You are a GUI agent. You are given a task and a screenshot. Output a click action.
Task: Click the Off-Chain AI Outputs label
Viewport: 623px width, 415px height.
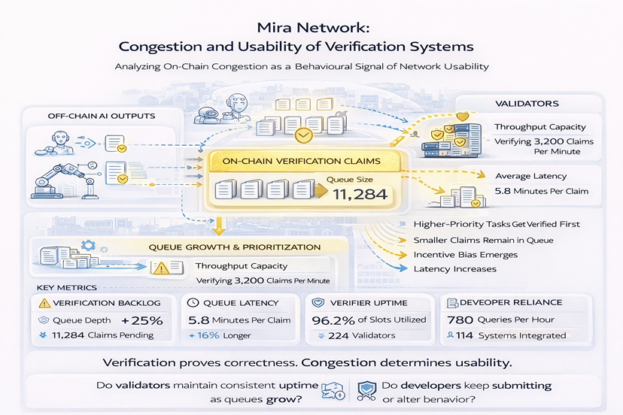(x=90, y=115)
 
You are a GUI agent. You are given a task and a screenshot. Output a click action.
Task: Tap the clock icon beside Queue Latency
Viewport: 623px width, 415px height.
(x=192, y=302)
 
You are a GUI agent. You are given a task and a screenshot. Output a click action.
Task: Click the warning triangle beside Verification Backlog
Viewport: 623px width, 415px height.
(x=44, y=302)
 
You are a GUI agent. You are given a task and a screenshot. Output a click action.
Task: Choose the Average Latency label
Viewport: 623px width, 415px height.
(x=531, y=176)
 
